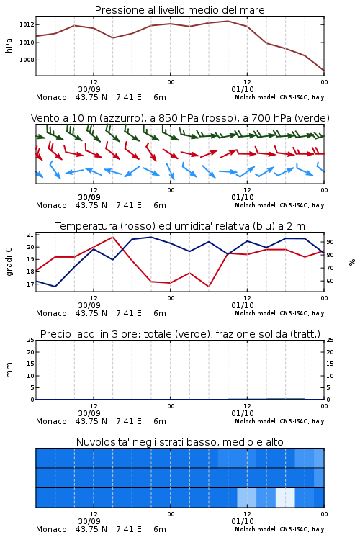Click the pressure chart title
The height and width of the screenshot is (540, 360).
(179, 10)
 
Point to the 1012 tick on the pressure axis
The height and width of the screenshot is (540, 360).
(27, 24)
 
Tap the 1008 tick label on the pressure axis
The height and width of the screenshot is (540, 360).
(27, 60)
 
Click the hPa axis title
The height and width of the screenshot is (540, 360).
(9, 45)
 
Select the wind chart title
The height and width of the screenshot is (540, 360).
(180, 118)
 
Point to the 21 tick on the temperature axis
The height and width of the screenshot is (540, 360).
(30, 235)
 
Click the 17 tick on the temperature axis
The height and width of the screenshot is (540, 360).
(30, 284)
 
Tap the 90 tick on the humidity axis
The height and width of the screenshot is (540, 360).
(330, 242)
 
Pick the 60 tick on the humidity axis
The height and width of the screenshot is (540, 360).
(330, 281)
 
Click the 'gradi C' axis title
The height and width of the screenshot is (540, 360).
(9, 262)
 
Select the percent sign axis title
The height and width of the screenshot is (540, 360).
(352, 262)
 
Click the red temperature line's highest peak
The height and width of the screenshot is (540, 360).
(112, 237)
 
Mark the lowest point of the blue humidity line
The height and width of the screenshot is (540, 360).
(55, 287)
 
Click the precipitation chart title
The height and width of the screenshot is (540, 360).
(180, 334)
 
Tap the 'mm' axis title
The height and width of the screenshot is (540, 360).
(9, 370)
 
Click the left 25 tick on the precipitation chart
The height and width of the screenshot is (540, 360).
(30, 340)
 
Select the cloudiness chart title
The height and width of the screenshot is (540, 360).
(179, 442)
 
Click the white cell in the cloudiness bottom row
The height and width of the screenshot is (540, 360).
(285, 498)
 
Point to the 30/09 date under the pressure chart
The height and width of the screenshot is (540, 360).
(89, 89)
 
